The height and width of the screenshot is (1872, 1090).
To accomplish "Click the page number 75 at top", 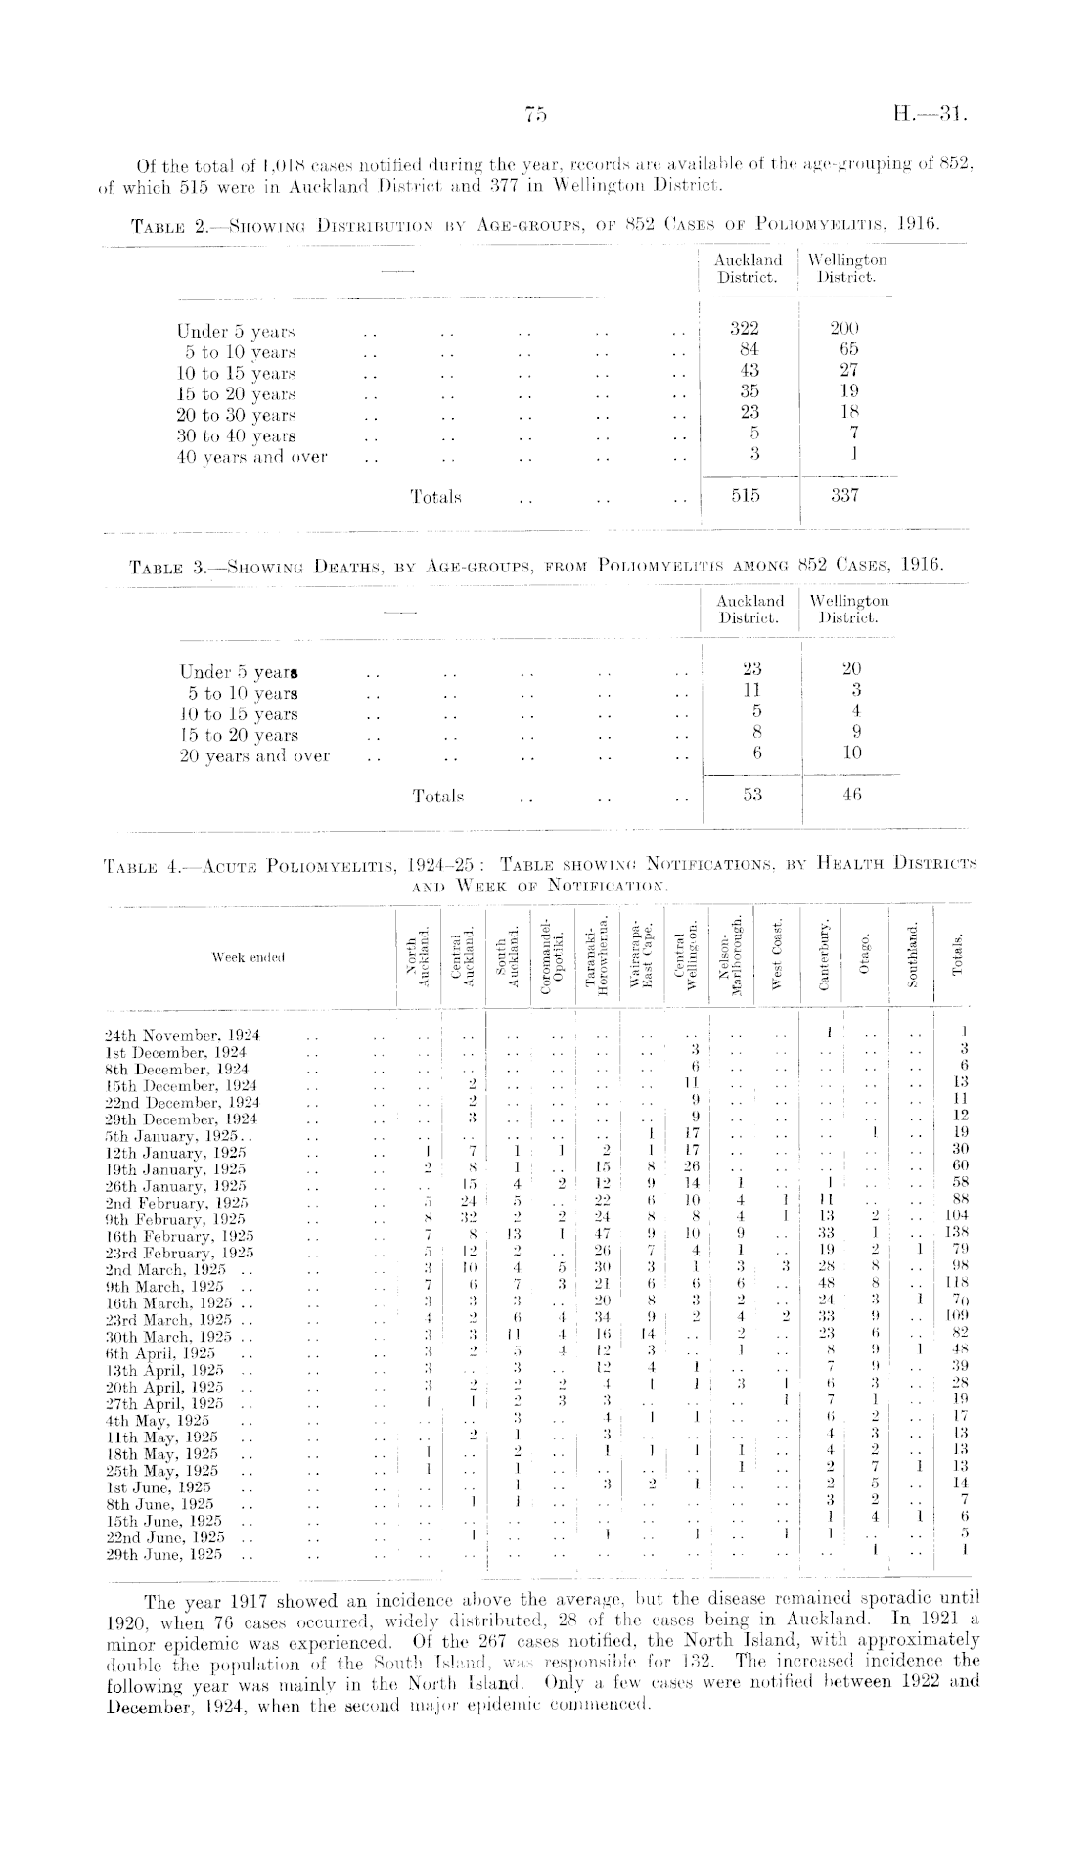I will point(536,115).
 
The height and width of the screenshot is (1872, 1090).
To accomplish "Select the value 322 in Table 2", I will point(746,330).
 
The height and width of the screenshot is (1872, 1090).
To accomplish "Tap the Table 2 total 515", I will point(746,496).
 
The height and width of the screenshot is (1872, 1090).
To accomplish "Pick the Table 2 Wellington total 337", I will point(843,496).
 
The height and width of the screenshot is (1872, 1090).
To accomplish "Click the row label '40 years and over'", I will point(251,457).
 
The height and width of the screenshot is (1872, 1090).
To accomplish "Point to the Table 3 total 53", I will point(750,795).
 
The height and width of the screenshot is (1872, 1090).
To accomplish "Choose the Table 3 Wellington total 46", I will point(850,795).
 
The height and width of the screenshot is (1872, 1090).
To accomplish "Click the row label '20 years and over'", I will point(254,756).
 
